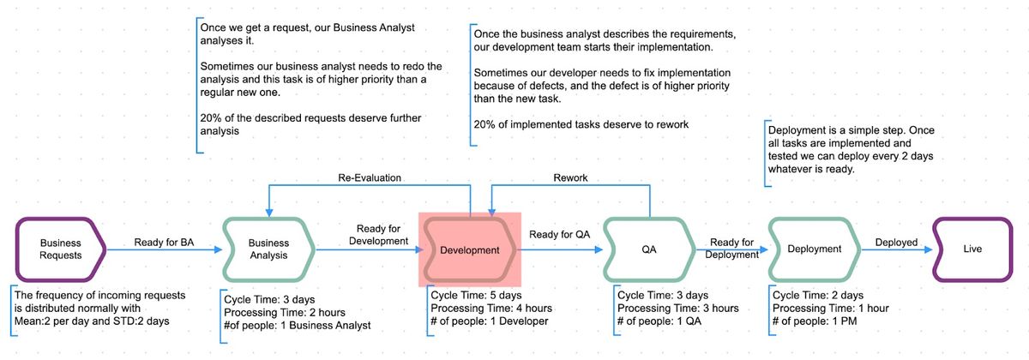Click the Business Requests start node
pos(61,249)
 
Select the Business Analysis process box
pos(268,249)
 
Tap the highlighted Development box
pos(470,249)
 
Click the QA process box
pos(648,249)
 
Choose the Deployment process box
pos(814,249)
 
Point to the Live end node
pos(972,249)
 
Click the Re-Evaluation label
pos(370,177)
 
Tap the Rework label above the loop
pos(570,177)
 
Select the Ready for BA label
pos(164,242)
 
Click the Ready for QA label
pos(559,234)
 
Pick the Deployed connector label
pos(896,243)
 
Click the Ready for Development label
pos(378,235)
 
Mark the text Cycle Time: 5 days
pos(477,295)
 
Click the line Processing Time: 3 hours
pos(678,308)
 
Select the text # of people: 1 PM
pos(815,321)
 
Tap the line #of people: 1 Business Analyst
pos(298,325)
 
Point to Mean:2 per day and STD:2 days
pos(92,321)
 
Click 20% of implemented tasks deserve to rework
pos(581,124)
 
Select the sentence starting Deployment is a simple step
pos(851,149)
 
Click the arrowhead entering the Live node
pos(928,249)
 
